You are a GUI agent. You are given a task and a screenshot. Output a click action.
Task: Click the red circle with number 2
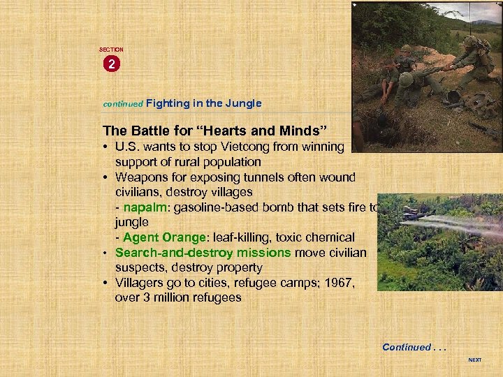tap(111, 64)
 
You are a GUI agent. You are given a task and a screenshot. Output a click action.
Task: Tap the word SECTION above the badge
tap(111, 50)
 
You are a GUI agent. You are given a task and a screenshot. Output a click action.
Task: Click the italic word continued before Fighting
tap(122, 104)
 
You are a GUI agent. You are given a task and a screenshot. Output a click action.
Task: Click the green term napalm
tap(143, 207)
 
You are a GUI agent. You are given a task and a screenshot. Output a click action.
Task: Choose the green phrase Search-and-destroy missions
tap(203, 253)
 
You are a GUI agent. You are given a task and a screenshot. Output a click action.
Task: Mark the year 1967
tap(342, 283)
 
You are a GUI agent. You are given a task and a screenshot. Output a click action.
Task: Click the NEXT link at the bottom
tap(474, 360)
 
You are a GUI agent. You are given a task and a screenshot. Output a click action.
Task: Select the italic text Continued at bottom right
tap(407, 347)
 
